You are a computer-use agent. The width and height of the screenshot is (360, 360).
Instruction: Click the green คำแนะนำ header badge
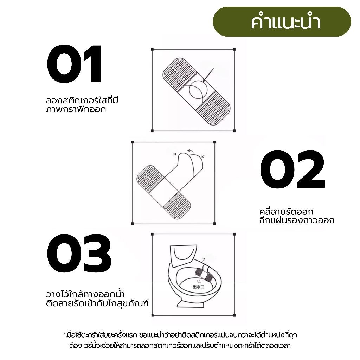click(x=282, y=21)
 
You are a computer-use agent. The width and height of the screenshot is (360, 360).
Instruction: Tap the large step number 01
click(x=74, y=64)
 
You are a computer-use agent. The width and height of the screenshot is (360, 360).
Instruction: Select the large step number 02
click(x=293, y=169)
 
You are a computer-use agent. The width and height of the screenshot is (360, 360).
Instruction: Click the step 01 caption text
click(x=82, y=105)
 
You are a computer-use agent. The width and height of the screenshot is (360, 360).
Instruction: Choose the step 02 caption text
click(x=297, y=216)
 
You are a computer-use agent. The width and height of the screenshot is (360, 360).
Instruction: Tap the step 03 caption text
click(x=97, y=299)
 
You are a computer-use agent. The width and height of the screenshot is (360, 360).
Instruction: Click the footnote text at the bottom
click(x=180, y=340)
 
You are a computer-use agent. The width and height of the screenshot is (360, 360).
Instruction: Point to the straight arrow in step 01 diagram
click(x=209, y=75)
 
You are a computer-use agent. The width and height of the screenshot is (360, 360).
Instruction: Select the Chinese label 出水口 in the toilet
click(x=198, y=287)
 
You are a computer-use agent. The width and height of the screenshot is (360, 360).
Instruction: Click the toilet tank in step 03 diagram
click(x=183, y=256)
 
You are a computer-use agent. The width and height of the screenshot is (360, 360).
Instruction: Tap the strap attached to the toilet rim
click(x=204, y=275)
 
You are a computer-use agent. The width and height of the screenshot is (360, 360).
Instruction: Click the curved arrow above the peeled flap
click(x=190, y=151)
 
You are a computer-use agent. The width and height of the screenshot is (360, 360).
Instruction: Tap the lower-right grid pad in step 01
click(x=213, y=108)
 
